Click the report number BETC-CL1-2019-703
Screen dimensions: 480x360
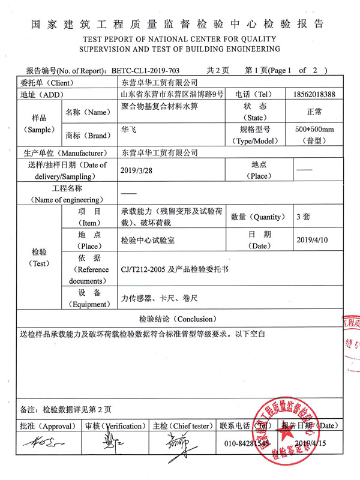pyautogui.click(x=146, y=70)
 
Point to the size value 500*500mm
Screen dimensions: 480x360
pyautogui.click(x=314, y=129)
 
